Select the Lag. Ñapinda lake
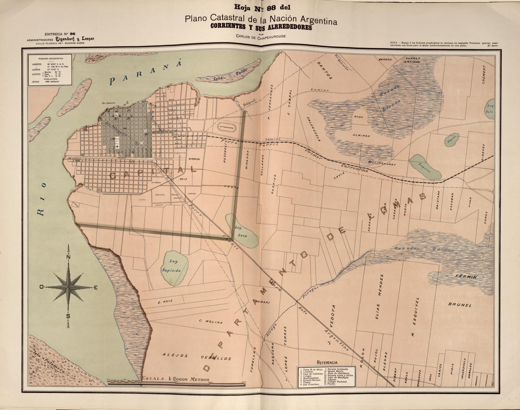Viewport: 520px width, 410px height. point(174,268)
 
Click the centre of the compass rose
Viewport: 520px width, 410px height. point(69,287)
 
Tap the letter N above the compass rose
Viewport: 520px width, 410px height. point(69,256)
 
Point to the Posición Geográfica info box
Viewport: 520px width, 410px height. point(50,70)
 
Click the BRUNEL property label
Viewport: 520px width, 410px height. point(460,305)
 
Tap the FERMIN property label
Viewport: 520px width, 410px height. point(466,276)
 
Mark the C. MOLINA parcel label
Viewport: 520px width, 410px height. point(210,322)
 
